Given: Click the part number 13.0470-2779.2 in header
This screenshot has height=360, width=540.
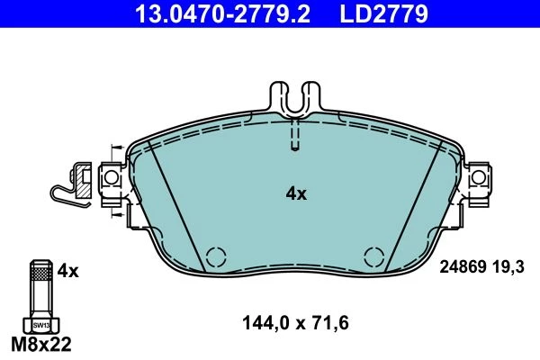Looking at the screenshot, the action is (x=222, y=13).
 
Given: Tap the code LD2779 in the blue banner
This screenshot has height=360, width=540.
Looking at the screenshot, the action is (x=384, y=13).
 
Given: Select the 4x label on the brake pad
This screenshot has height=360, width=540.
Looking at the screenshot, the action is (x=296, y=194).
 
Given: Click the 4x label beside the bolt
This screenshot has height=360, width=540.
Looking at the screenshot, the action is (x=67, y=271).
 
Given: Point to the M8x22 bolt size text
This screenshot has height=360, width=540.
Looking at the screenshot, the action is (x=41, y=344).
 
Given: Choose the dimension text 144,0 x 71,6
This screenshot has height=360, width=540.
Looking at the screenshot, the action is (x=295, y=323).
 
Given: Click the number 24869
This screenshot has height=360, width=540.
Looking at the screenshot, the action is (x=463, y=267).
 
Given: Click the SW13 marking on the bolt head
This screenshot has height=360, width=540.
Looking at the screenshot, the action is (x=41, y=325).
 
